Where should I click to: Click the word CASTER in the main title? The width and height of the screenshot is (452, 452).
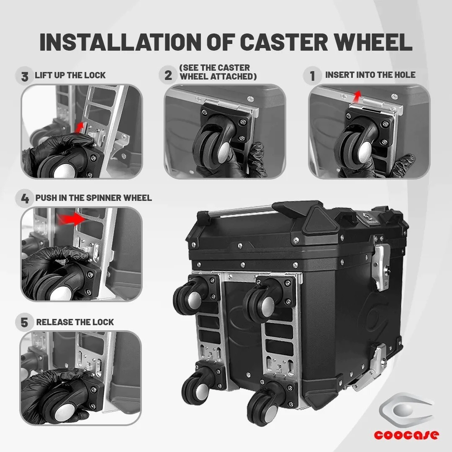(x=284, y=42)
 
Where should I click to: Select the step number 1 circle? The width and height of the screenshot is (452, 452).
(x=313, y=76)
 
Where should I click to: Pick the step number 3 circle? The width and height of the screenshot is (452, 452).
(x=25, y=76)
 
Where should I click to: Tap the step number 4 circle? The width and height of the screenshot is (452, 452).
(x=25, y=198)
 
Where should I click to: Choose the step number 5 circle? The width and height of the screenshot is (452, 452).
(x=24, y=322)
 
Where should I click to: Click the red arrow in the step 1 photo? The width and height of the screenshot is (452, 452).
(x=357, y=96)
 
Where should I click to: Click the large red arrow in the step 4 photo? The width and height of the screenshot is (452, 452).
(x=71, y=219)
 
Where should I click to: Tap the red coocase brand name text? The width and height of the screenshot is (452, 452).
(x=406, y=434)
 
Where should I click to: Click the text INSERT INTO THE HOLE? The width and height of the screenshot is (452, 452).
(x=370, y=75)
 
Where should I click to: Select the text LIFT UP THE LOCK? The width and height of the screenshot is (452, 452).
(x=70, y=75)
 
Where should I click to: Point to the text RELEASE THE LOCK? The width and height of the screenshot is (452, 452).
(x=75, y=322)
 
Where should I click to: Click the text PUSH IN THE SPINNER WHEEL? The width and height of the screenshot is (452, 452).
(x=93, y=198)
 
